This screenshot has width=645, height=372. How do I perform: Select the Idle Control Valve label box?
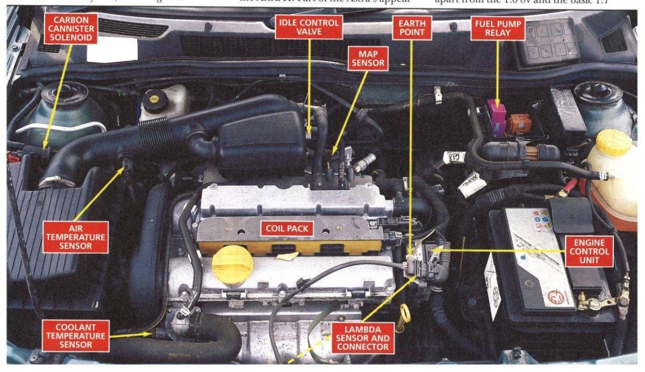point(309,27)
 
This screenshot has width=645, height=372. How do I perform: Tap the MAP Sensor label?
point(367,59)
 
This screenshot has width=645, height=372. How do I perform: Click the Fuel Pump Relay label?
point(498,27)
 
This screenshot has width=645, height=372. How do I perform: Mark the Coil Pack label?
point(287,228)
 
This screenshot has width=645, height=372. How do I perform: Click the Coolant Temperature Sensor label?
point(75,335)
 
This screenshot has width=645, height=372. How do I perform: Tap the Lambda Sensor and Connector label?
point(362,337)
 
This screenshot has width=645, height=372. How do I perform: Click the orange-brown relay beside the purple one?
point(518,124)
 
